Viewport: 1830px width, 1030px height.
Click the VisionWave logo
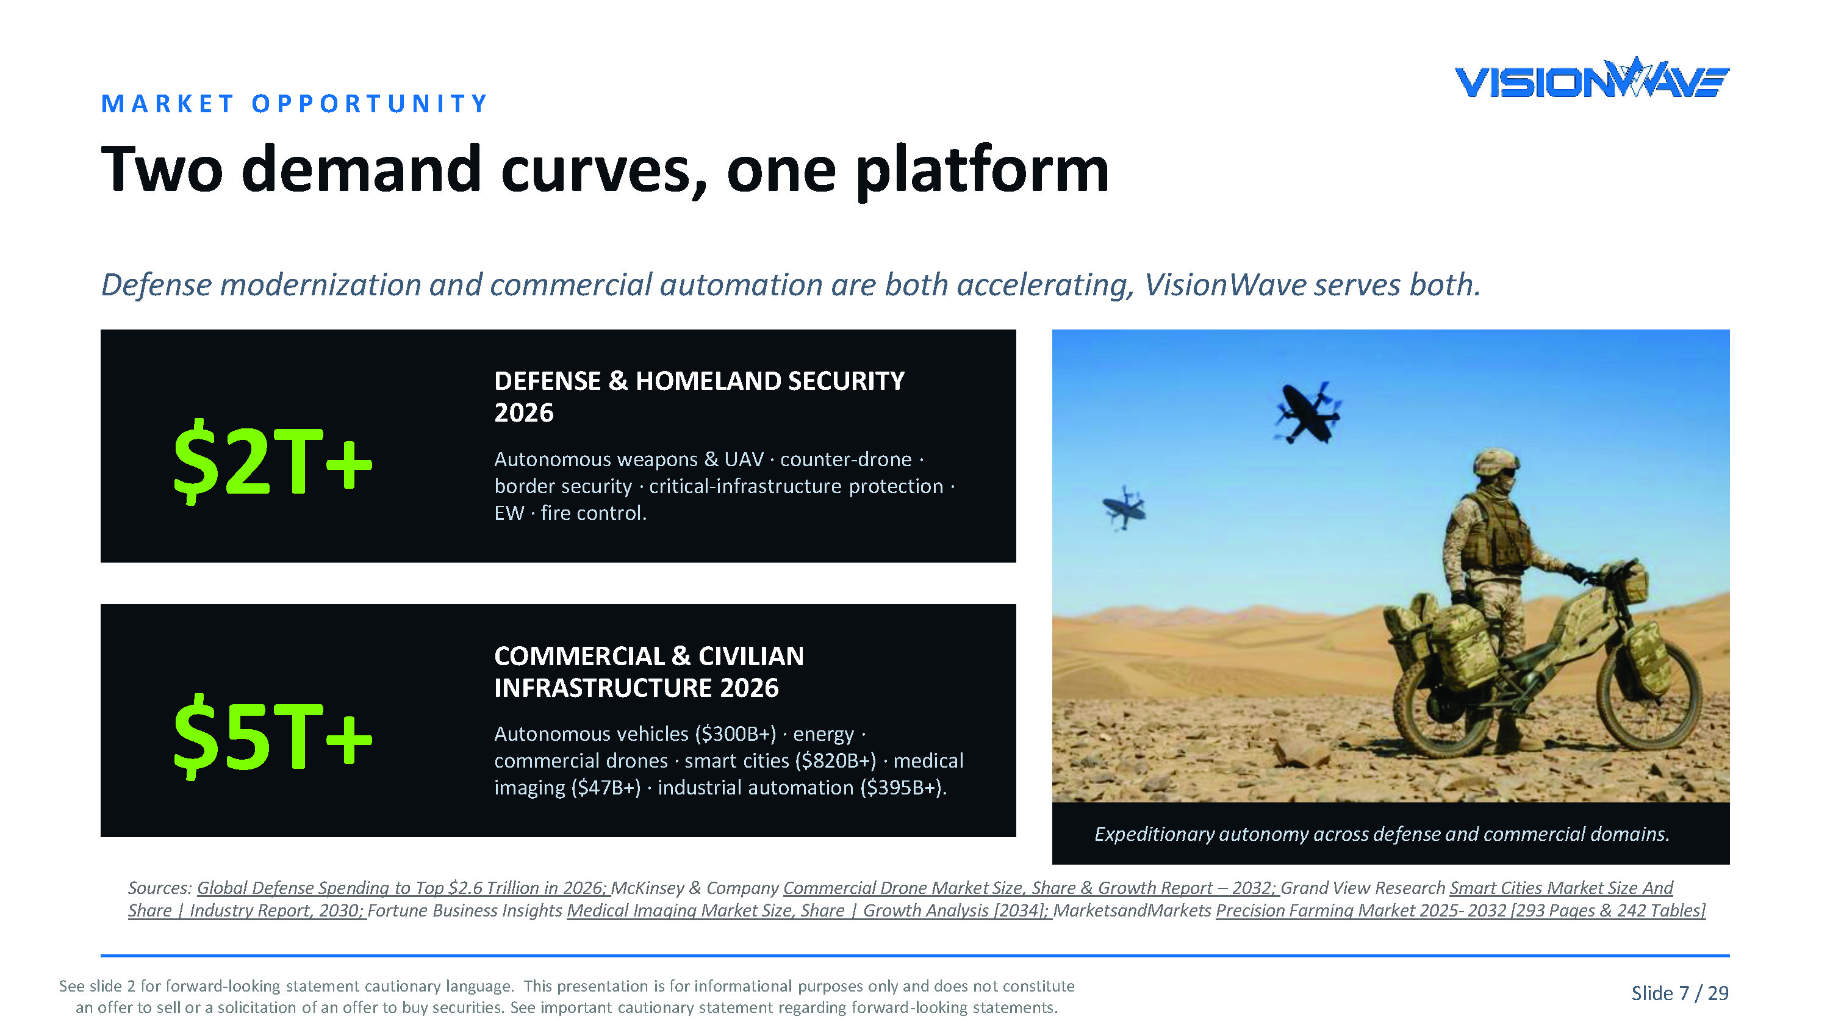pyautogui.click(x=1591, y=78)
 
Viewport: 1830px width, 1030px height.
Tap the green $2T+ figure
pyautogui.click(x=273, y=463)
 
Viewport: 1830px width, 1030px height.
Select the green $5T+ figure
pyautogui.click(x=273, y=737)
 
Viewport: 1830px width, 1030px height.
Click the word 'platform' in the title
pyautogui.click(x=981, y=171)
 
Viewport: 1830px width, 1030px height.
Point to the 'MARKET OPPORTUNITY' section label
pyautogui.click(x=294, y=104)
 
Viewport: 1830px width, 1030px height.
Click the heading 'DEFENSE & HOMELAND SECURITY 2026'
pyautogui.click(x=699, y=397)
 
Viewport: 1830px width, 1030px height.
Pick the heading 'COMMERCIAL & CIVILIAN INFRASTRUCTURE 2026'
pyautogui.click(x=648, y=672)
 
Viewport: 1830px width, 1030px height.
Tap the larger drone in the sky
pyautogui.click(x=1306, y=412)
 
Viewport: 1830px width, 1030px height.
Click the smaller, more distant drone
pyautogui.click(x=1124, y=508)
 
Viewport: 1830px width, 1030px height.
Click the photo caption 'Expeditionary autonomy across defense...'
pyautogui.click(x=1382, y=834)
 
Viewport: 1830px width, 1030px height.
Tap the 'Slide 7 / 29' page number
pyautogui.click(x=1679, y=993)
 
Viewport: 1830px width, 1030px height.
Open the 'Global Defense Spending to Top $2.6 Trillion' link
pyautogui.click(x=403, y=888)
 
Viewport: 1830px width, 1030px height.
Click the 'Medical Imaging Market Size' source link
pyautogui.click(x=809, y=910)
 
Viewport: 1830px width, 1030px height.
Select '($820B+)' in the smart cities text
pyautogui.click(x=836, y=760)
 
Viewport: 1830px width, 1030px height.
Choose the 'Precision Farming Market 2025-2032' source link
pyautogui.click(x=1460, y=910)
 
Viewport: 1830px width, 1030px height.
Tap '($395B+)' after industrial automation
pyautogui.click(x=901, y=788)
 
